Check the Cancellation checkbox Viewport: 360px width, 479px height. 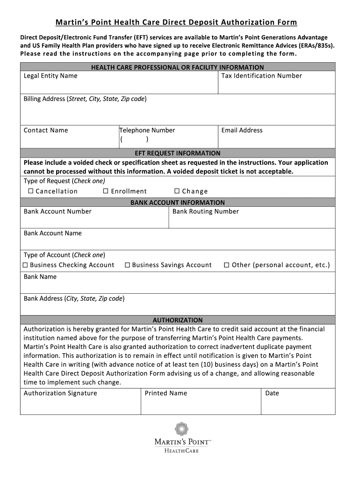31,191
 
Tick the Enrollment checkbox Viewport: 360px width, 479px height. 106,191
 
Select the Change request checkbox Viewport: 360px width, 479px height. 177,191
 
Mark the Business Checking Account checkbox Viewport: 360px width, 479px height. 26,265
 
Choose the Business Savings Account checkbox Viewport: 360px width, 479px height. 127,265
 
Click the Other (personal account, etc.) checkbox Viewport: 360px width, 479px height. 227,265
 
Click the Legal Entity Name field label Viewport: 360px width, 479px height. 50,76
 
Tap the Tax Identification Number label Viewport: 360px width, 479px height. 261,76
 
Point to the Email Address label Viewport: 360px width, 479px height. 242,131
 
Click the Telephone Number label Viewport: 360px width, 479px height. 147,131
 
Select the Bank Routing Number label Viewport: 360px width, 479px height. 206,211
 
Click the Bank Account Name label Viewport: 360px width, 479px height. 52,233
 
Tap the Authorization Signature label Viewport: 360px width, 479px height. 60,393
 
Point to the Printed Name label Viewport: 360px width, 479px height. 166,393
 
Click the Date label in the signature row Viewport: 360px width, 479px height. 272,393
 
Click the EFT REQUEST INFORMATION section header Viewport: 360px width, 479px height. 177,153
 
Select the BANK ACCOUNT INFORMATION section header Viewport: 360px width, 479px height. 177,203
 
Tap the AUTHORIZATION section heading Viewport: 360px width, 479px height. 177,320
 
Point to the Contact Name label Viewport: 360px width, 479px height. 46,131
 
